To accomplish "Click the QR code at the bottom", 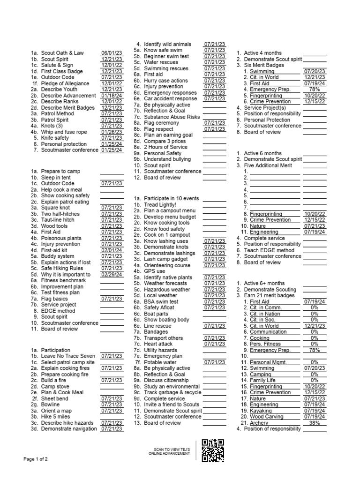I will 212,451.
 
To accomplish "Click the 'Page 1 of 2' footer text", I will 36,458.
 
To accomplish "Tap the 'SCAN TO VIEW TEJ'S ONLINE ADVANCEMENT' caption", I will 169,451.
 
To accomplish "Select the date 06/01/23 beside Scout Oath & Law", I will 112,53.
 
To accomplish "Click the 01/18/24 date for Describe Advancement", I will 112,96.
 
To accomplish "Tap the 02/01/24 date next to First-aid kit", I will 112,250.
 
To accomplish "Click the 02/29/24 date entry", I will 112,275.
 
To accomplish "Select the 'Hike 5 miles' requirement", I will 56,416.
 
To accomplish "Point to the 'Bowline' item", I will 50,404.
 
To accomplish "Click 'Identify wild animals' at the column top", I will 167,44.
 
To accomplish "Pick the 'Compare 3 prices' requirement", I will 165,141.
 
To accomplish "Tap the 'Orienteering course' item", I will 166,265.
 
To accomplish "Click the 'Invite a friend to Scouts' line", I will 172,405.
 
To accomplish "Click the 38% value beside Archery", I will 315,423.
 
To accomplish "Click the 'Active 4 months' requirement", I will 262,53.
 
